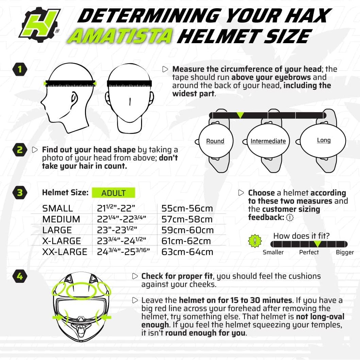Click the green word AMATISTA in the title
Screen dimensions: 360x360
[120, 36]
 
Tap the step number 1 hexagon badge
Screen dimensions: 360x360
[20, 70]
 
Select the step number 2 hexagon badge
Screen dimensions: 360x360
[20, 150]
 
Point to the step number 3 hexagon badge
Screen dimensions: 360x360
[20, 193]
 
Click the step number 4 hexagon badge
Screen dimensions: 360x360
[20, 276]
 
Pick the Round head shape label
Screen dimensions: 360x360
[215, 141]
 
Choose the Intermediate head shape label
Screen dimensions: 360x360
[268, 141]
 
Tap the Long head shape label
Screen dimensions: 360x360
[324, 140]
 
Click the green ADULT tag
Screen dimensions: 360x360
[114, 193]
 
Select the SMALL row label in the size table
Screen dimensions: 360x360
[57, 208]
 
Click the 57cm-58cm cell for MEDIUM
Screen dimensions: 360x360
[187, 219]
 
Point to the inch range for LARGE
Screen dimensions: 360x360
[117, 230]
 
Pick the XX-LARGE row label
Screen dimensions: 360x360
[65, 252]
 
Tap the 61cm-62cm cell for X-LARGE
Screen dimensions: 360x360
[186, 241]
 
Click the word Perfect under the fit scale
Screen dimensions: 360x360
[309, 252]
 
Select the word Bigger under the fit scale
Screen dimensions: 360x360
[345, 252]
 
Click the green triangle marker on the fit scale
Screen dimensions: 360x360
[317, 244]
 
